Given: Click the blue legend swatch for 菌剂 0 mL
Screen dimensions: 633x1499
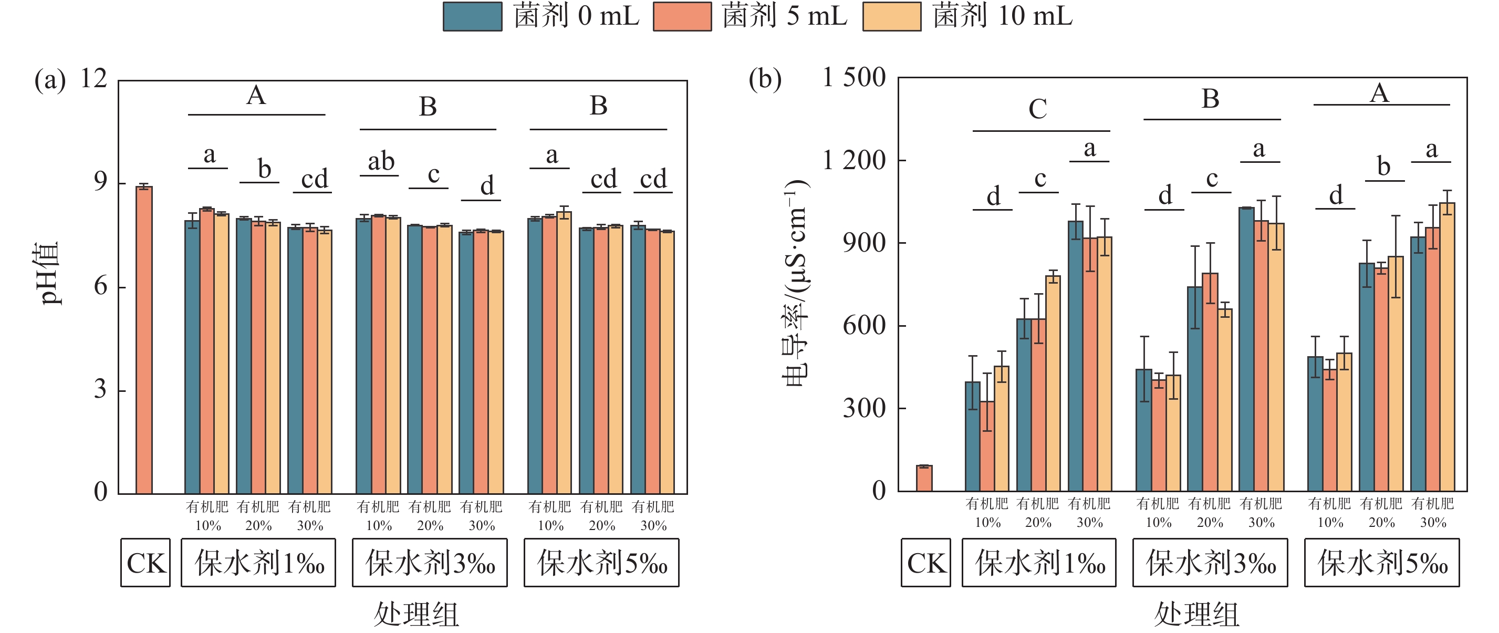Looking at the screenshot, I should (x=472, y=16).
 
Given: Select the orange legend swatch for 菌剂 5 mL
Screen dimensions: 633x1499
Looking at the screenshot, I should (x=682, y=16).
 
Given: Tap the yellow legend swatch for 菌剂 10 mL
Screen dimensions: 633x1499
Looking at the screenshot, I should (x=891, y=16).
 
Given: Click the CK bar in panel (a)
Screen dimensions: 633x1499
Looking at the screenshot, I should (x=144, y=340).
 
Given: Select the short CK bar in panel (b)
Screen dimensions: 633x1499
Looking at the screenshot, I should (x=924, y=478).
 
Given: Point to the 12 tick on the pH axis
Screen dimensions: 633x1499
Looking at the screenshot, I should (x=93, y=79).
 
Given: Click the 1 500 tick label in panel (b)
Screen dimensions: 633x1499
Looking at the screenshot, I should (x=853, y=77).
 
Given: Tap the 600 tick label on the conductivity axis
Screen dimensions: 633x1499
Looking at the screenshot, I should (x=864, y=326).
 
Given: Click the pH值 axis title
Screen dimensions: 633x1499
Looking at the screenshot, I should (x=49, y=274).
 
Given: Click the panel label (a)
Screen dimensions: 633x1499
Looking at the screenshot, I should (x=50, y=80).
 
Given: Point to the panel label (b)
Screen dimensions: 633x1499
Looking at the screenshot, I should (x=765, y=80).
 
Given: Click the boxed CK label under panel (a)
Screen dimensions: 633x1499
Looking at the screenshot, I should (x=145, y=563).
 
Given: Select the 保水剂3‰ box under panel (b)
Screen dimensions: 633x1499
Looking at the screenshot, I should (x=1210, y=563).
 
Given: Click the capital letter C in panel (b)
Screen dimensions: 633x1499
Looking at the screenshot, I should (x=1037, y=109).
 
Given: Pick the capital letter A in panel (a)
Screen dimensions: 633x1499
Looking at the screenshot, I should (x=256, y=96).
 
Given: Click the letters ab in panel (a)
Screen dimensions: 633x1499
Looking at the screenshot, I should (x=381, y=161).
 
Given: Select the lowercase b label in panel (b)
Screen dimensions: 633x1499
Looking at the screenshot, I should (x=1384, y=167).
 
